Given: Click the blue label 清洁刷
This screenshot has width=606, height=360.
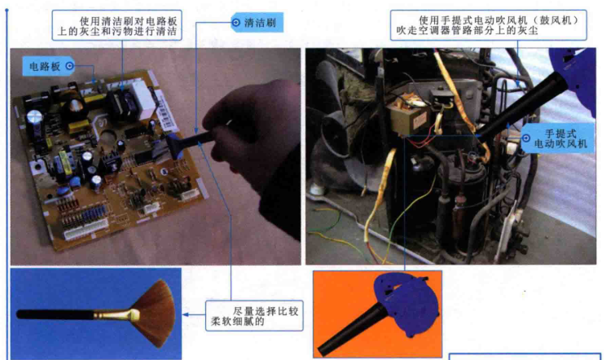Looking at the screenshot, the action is [257, 23].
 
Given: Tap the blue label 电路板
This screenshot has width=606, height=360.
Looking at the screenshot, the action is [48, 66].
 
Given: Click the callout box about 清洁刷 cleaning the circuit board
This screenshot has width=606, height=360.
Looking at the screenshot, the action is [116, 25].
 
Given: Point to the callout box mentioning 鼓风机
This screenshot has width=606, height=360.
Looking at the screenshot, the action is [489, 25].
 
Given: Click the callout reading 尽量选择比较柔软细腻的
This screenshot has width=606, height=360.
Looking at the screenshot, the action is [254, 315].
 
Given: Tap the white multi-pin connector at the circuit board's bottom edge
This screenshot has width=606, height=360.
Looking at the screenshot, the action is [85, 228].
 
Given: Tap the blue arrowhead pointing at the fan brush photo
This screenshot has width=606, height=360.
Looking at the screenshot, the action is [186, 315].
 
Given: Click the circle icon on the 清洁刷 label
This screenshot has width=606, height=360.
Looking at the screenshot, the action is [236, 23].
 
